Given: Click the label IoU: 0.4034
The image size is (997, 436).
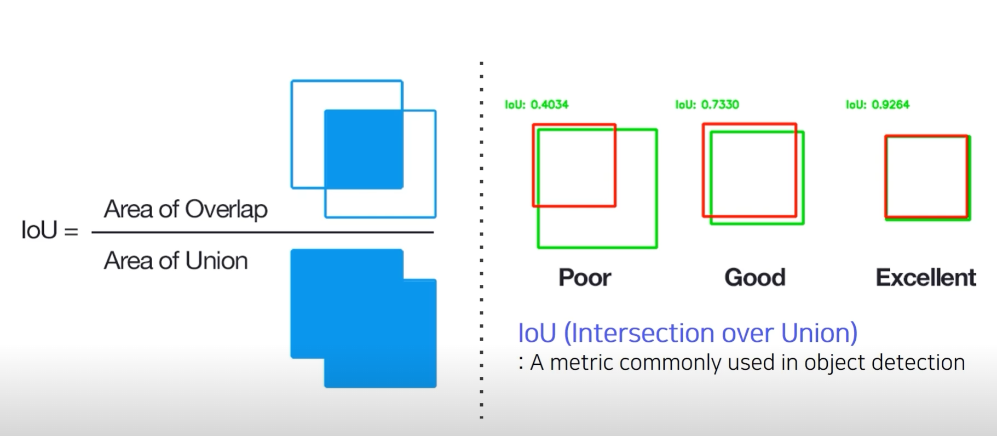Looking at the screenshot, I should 537,104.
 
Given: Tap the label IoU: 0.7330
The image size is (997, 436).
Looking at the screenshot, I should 707,104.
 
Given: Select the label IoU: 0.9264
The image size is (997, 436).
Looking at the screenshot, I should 878,104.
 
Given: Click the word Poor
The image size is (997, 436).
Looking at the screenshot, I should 585,278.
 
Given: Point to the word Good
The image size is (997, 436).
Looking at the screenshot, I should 755,278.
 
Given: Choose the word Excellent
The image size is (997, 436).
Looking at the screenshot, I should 926,278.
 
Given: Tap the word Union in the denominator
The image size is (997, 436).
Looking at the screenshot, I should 216,261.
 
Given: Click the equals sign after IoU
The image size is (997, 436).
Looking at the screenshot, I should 71,231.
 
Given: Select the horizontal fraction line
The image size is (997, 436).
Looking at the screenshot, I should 263,232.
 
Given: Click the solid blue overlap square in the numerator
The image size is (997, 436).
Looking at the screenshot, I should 364,149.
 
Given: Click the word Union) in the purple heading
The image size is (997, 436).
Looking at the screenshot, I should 819,333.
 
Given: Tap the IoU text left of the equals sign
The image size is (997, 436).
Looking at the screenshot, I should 39,230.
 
